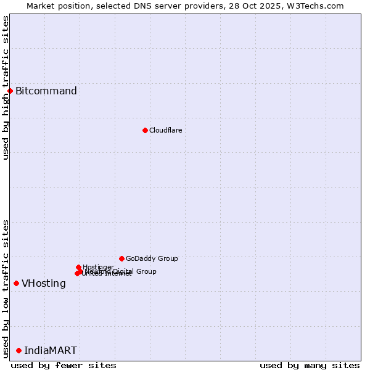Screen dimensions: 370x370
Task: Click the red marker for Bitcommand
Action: [10, 91]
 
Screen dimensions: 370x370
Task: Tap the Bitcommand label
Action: [46, 91]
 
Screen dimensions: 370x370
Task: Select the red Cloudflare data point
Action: [145, 130]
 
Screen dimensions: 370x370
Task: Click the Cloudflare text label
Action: [165, 130]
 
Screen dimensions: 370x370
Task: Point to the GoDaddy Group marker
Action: [121, 258]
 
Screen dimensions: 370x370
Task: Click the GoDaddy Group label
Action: [152, 258]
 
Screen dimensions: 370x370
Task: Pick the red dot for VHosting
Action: [16, 283]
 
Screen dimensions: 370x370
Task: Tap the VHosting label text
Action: [44, 284]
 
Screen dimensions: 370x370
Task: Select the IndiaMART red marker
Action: [18, 350]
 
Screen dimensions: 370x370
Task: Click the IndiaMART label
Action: [51, 351]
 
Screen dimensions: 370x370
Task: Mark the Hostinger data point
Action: [78, 267]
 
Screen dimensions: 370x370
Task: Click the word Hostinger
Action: [98, 267]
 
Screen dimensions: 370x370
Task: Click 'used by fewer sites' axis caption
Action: [64, 365]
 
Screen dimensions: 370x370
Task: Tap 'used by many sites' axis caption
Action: [310, 365]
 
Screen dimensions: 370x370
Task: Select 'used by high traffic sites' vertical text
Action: [6, 88]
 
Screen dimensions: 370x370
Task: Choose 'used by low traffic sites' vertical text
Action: [6, 289]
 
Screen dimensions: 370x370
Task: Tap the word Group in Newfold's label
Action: [146, 271]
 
